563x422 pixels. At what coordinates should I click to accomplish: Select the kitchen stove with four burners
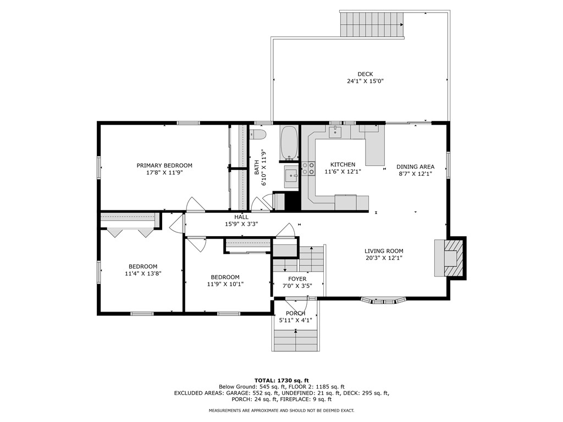308,168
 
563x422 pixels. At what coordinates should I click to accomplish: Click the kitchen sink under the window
335,132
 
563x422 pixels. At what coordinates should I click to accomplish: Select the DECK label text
365,74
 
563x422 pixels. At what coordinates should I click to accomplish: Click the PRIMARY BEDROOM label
164,165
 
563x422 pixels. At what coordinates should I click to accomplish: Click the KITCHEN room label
343,164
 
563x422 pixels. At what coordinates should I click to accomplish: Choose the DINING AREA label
416,166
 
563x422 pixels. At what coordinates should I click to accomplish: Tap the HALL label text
241,217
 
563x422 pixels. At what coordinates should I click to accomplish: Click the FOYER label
297,279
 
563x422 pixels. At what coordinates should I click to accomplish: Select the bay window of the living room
384,300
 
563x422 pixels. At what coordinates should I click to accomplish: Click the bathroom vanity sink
291,176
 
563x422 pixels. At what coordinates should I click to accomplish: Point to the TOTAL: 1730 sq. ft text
281,380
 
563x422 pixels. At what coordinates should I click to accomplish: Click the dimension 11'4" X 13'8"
143,273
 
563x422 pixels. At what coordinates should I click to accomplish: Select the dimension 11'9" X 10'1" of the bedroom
225,284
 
